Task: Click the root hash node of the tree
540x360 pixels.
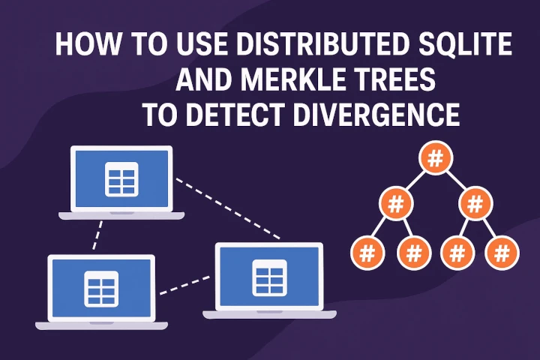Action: [x=435, y=158]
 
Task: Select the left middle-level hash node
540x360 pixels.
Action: [x=393, y=204]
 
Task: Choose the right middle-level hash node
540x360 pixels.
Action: [x=475, y=204]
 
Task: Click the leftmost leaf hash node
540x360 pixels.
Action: [x=367, y=253]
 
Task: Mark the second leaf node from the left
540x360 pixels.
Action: [x=413, y=253]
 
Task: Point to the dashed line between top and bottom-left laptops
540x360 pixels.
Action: [x=96, y=236]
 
